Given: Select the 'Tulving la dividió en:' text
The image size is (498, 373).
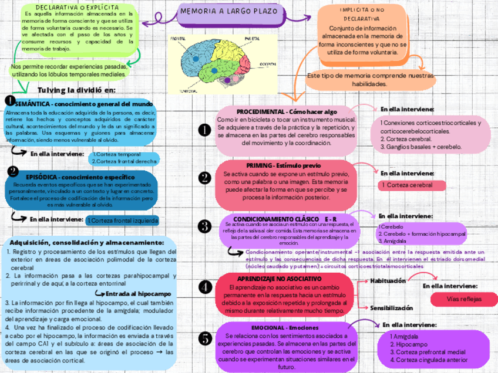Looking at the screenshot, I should point(76,90).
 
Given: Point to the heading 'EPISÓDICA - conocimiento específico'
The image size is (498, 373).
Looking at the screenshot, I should point(80,177).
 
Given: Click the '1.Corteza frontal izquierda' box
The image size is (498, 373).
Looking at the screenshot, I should point(122,221).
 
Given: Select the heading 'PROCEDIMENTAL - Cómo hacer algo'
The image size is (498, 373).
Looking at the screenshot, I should point(287,111).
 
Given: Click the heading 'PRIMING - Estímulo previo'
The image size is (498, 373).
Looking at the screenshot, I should point(288,166).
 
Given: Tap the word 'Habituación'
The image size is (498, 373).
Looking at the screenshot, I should point(388,281).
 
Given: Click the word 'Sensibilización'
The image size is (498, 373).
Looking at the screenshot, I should point(392,307).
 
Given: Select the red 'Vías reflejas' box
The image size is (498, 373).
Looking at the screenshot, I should point(464,299).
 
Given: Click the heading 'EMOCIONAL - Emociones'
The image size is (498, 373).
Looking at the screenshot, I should point(285,327).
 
